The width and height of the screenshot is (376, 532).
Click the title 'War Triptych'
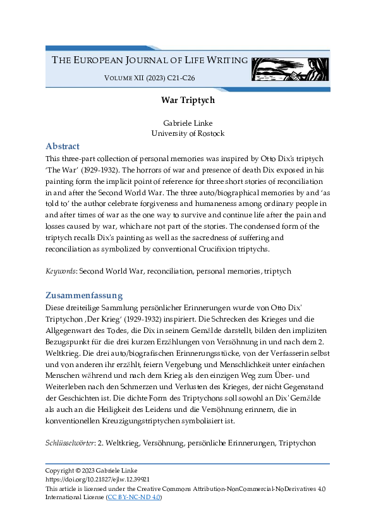pos(188,100)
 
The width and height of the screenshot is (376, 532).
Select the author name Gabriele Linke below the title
pos(188,123)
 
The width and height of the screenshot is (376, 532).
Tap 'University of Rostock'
pos(188,133)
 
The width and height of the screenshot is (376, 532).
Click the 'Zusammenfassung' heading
pos(84,295)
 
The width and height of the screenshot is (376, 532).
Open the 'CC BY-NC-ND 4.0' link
pos(134,497)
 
